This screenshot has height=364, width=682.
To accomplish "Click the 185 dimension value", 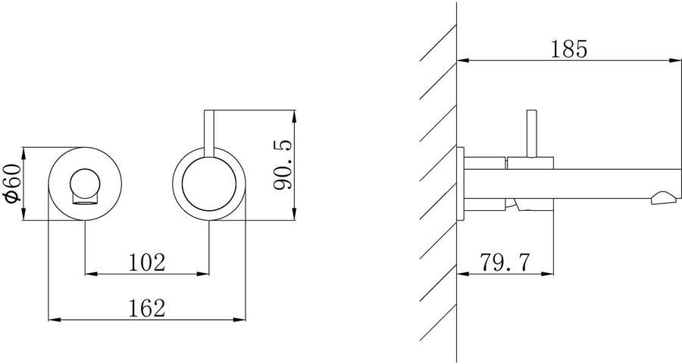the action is click(x=569, y=49).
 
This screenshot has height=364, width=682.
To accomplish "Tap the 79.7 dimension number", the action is click(x=505, y=262).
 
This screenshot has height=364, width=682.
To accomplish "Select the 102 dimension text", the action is click(x=147, y=262).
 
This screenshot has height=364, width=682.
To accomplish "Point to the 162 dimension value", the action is click(x=147, y=309).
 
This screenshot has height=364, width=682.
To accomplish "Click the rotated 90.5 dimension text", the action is click(x=283, y=165).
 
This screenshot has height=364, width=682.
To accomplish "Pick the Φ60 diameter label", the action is click(x=12, y=183).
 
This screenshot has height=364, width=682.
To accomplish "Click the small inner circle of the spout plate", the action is click(x=85, y=184).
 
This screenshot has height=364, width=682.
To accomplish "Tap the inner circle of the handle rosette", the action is click(x=209, y=184).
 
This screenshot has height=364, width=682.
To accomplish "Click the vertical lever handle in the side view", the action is click(x=531, y=133).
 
